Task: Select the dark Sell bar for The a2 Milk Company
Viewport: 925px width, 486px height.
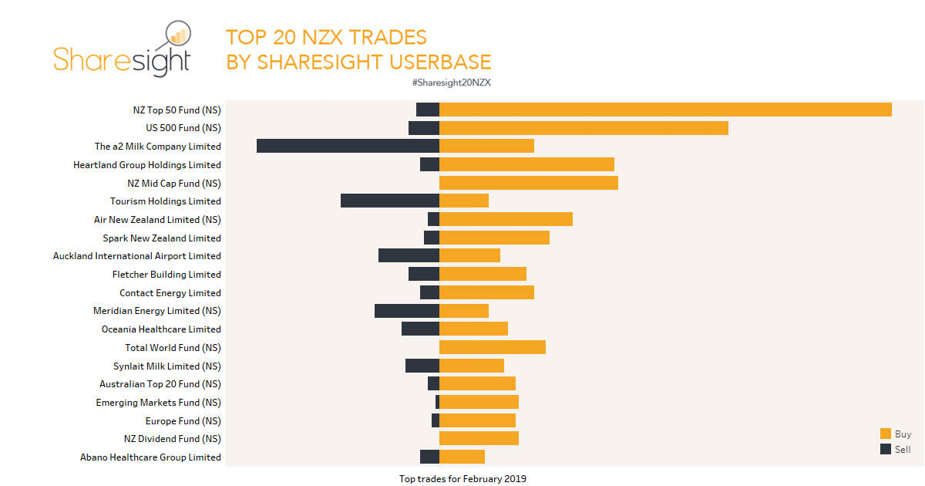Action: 348,146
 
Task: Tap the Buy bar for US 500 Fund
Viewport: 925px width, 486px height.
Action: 584,128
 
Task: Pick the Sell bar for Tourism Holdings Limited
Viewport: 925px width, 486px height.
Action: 389,201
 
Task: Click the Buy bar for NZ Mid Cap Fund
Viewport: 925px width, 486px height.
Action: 529,183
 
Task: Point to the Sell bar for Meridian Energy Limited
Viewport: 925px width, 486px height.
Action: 406,311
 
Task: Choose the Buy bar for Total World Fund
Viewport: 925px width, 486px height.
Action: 493,347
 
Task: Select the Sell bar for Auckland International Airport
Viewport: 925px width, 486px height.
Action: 409,255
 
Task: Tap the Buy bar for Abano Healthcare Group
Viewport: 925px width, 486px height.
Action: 462,457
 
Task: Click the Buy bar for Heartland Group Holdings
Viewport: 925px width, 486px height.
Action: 526,164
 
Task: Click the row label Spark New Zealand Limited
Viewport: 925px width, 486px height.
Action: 162,238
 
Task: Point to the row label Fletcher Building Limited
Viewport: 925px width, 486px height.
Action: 166,275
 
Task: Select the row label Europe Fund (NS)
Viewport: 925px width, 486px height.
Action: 183,421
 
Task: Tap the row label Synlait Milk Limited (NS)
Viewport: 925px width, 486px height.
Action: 166,366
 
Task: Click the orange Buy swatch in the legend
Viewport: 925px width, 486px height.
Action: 886,434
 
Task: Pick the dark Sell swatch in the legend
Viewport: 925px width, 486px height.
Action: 886,449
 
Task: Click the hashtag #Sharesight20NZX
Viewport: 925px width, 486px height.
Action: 452,83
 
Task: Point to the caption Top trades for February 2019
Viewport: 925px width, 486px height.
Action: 462,479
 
